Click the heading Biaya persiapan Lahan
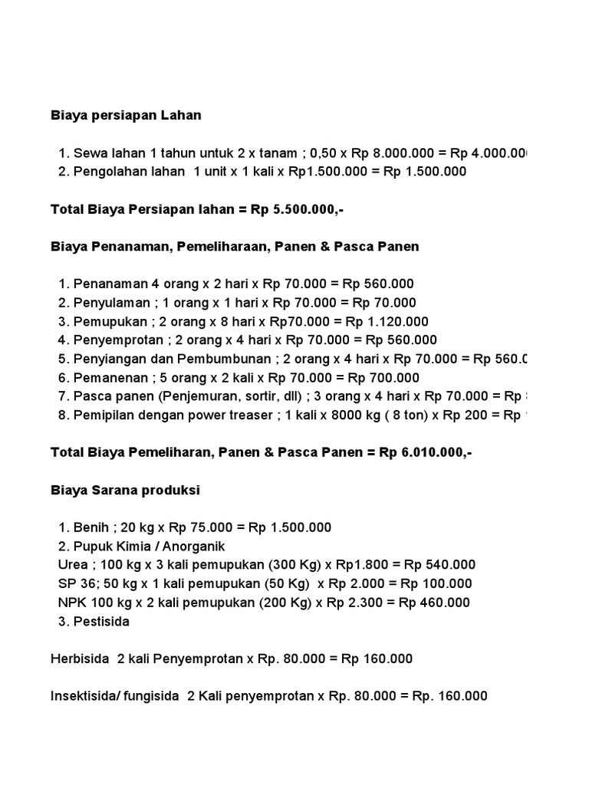(x=126, y=116)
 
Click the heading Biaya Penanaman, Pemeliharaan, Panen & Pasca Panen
(x=235, y=247)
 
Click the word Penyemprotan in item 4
(x=114, y=340)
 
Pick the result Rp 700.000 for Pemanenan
(x=383, y=378)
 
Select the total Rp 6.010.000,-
(x=425, y=452)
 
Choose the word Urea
(x=73, y=565)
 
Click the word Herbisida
(x=81, y=659)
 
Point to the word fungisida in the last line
(x=151, y=696)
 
